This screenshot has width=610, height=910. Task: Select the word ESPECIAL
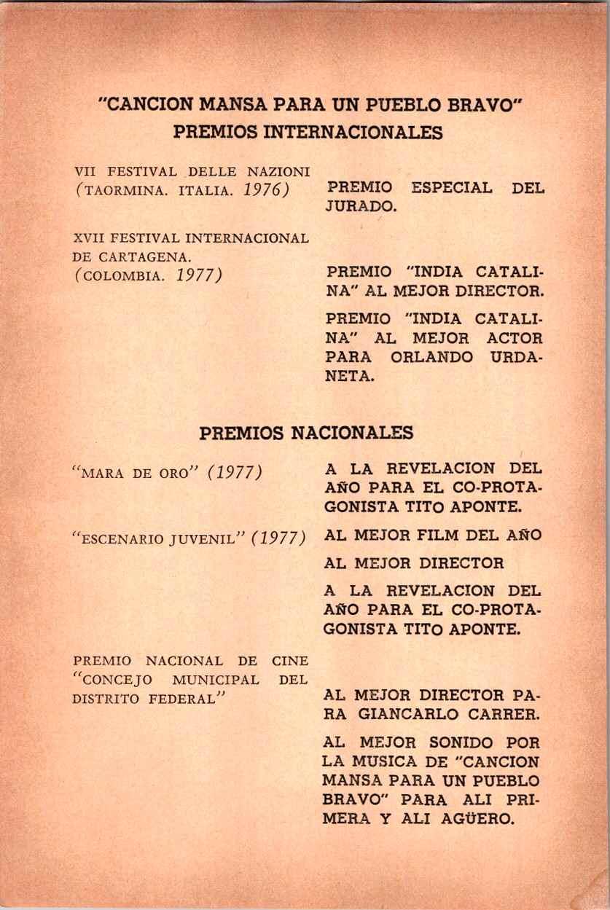coord(452,187)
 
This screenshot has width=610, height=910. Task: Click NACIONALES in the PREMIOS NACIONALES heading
coord(352,433)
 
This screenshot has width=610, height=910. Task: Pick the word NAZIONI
coord(281,172)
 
